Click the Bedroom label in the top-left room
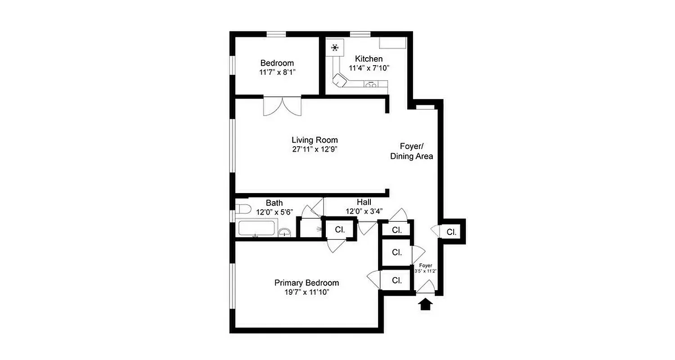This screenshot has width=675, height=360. click(x=277, y=63)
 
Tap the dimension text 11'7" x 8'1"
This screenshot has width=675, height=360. click(x=277, y=72)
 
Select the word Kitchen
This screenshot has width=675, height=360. click(x=369, y=59)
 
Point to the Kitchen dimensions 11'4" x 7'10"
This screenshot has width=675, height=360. click(x=369, y=68)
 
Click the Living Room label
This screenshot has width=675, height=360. click(x=314, y=140)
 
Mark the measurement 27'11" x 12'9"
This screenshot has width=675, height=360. click(x=314, y=149)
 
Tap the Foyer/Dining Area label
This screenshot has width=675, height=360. click(x=411, y=151)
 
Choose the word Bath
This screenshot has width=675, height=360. click(x=274, y=203)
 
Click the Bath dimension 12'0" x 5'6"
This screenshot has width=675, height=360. click(x=274, y=211)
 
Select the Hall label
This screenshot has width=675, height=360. click(x=364, y=202)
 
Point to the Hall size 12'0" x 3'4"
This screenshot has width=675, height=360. click(x=364, y=211)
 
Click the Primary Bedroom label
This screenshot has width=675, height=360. click(x=306, y=283)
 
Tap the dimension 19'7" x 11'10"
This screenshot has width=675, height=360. click(x=306, y=292)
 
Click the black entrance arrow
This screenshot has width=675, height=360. click(x=425, y=306)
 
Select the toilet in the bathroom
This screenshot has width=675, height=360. click(x=243, y=209)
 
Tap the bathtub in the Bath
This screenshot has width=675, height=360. click(x=255, y=228)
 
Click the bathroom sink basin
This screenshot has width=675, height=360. click(x=284, y=233)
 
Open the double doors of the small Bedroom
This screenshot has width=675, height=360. click(x=282, y=106)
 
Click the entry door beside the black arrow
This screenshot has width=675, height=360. click(x=426, y=287)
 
